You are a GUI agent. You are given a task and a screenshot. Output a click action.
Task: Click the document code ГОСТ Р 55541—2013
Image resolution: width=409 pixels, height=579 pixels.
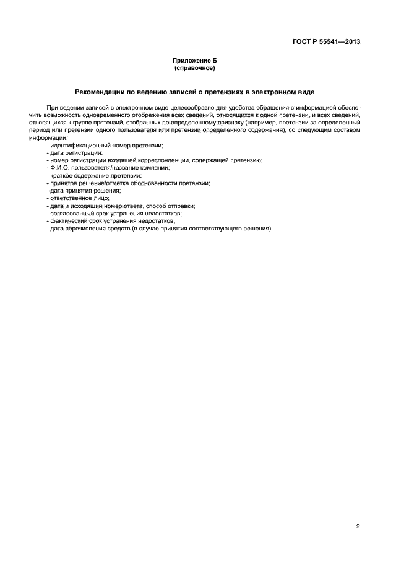326,42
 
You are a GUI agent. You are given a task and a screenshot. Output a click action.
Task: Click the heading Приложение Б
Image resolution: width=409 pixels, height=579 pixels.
194,61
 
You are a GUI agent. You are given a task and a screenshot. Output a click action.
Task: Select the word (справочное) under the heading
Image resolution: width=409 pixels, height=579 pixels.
194,67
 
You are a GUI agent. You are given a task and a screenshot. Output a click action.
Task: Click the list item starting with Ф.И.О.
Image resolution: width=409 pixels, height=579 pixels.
109,168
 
